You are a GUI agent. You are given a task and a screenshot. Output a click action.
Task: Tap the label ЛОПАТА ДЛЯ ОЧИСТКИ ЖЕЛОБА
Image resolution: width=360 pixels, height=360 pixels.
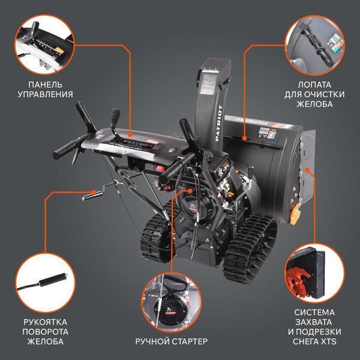tap(310, 94)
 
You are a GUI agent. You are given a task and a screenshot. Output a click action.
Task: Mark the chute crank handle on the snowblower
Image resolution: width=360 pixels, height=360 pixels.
tap(96, 191)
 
